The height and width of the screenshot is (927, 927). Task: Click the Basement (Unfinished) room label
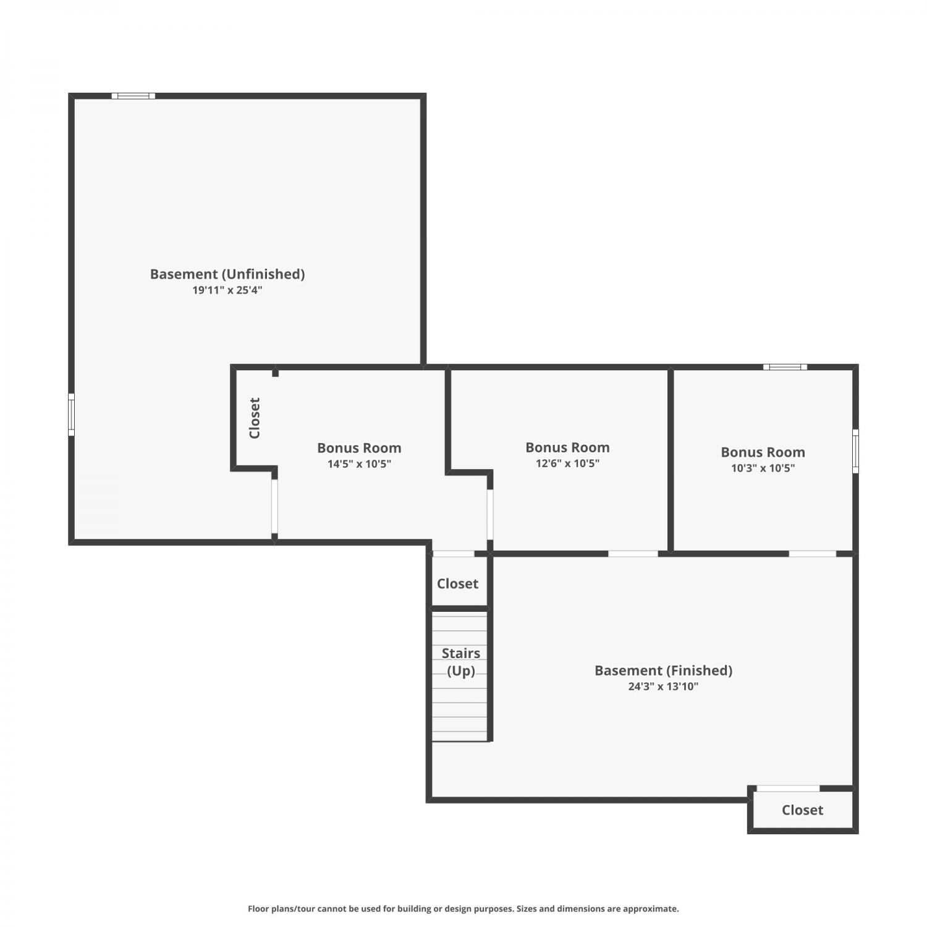coord(227,274)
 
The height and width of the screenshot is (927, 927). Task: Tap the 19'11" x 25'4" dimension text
coord(227,290)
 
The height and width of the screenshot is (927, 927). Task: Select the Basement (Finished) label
coord(663,671)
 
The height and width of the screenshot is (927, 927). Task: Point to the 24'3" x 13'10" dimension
coord(663,686)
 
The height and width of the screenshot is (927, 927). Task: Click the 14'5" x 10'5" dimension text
coord(359,464)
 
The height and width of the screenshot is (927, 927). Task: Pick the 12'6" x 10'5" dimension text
coord(567,463)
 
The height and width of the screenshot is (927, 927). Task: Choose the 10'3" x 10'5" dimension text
coord(763,468)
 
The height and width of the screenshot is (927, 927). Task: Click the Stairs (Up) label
coord(461,662)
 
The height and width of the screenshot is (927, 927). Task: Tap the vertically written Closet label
coord(255,418)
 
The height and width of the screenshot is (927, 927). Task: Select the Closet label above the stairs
coord(457,583)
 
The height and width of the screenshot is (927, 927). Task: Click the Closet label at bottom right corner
coord(802,810)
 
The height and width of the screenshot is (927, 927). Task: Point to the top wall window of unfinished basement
coord(133,96)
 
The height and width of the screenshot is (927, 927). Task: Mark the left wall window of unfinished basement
coord(71,414)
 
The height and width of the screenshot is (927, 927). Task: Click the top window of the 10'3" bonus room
coord(785,367)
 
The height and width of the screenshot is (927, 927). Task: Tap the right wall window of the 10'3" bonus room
coord(855,451)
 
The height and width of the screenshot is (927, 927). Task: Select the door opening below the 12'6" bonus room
coord(633,554)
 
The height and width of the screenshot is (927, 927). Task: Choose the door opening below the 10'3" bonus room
coord(813,554)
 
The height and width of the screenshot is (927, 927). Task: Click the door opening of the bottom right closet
coord(788,788)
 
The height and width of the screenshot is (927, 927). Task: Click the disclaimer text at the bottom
coord(463,908)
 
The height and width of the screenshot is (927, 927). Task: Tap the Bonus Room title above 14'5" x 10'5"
coord(359,448)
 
